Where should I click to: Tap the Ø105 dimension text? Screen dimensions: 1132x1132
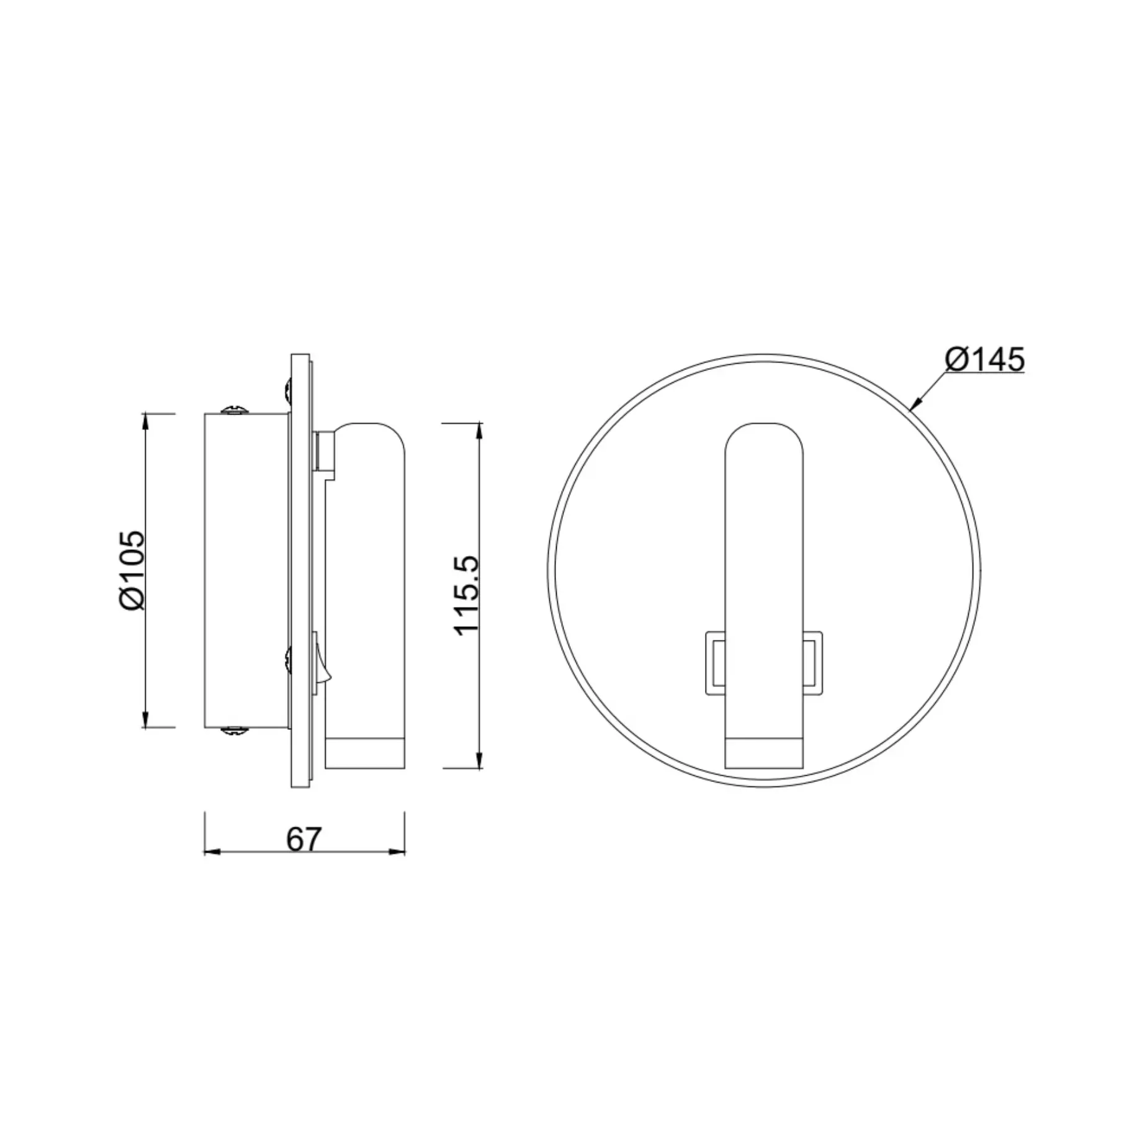click(x=132, y=570)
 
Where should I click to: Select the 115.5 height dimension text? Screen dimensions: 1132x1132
click(x=467, y=595)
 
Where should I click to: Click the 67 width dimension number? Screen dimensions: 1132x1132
click(x=303, y=840)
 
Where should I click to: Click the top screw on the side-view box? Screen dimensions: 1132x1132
click(x=235, y=410)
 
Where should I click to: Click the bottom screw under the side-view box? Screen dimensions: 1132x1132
click(x=235, y=731)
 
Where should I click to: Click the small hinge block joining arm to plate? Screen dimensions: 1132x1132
click(x=325, y=451)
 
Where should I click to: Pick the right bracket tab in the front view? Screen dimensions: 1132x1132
click(x=812, y=662)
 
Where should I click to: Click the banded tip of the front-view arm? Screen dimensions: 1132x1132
click(x=764, y=753)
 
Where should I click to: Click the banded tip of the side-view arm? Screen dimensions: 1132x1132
click(x=365, y=753)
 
